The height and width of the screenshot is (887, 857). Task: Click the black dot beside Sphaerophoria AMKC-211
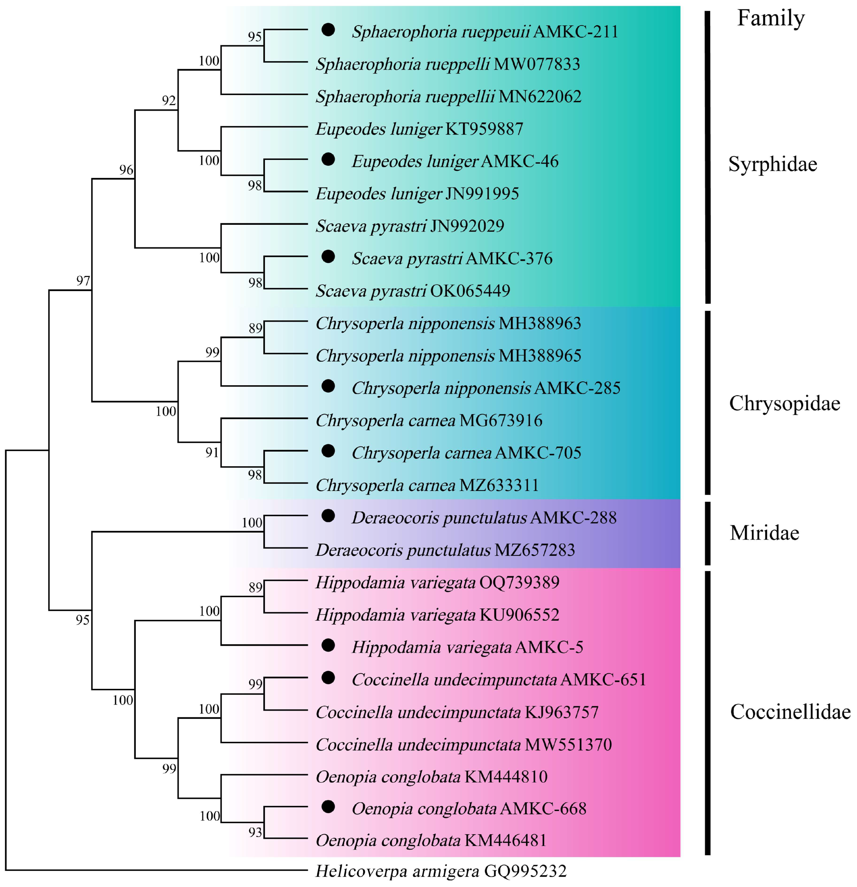(x=328, y=30)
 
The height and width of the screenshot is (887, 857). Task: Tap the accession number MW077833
(x=537, y=64)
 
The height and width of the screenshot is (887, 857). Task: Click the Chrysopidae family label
(x=784, y=403)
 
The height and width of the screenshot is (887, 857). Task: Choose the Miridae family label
(x=764, y=533)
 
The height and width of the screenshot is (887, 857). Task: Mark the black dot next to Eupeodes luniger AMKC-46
(x=328, y=159)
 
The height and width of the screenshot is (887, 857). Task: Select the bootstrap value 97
(x=83, y=281)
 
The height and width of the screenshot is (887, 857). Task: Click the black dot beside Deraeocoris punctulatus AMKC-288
(x=328, y=516)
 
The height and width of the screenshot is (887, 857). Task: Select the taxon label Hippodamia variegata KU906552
(x=437, y=615)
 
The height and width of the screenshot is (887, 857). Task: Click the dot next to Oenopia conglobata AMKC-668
(x=328, y=806)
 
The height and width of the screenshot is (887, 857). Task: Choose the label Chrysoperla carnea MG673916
(x=428, y=420)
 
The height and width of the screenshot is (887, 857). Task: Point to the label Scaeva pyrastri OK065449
(x=413, y=290)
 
